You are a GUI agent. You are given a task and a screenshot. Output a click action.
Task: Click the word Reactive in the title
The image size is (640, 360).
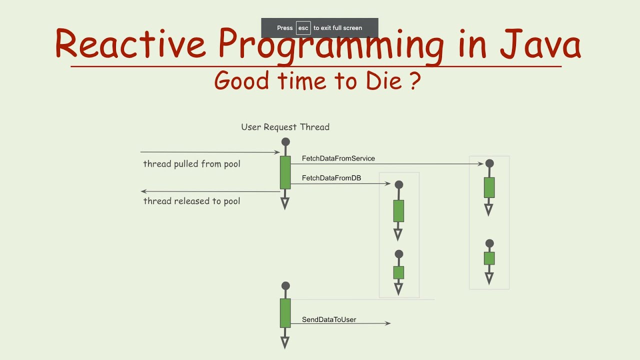pyautogui.click(x=130, y=44)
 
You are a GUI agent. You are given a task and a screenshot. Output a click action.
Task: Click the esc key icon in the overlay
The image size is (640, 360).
pyautogui.click(x=303, y=28)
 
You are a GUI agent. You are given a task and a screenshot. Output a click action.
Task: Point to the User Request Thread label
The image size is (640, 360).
pyautogui.click(x=285, y=127)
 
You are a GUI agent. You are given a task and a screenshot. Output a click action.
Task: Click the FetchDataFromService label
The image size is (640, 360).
pyautogui.click(x=338, y=158)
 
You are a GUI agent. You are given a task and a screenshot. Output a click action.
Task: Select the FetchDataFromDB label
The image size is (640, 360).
pyautogui.click(x=331, y=178)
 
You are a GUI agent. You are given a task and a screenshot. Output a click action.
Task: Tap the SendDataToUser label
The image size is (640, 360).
pyautogui.click(x=329, y=319)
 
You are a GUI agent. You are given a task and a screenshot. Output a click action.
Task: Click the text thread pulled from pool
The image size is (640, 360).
pyautogui.click(x=191, y=164)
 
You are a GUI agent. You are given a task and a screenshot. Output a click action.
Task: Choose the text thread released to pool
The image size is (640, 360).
pyautogui.click(x=191, y=201)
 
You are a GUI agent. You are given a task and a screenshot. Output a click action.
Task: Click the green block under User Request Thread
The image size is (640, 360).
pyautogui.click(x=285, y=172)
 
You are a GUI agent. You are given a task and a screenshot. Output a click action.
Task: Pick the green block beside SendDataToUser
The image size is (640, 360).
pyautogui.click(x=285, y=313)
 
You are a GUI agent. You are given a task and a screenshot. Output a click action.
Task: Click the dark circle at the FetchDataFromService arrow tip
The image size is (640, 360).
pyautogui.click(x=489, y=163)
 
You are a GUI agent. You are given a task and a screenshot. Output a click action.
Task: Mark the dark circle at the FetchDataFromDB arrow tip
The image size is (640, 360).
pyautogui.click(x=398, y=184)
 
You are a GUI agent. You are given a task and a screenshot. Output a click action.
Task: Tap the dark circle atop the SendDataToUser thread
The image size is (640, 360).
pyautogui.click(x=285, y=286)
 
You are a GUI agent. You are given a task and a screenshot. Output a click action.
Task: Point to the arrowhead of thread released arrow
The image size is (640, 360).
pyautogui.click(x=143, y=191)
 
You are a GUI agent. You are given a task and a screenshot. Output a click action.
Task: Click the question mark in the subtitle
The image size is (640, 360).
pyautogui.click(x=414, y=80)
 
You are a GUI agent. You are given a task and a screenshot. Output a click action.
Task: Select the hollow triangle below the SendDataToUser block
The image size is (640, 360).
pyautogui.click(x=285, y=342)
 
